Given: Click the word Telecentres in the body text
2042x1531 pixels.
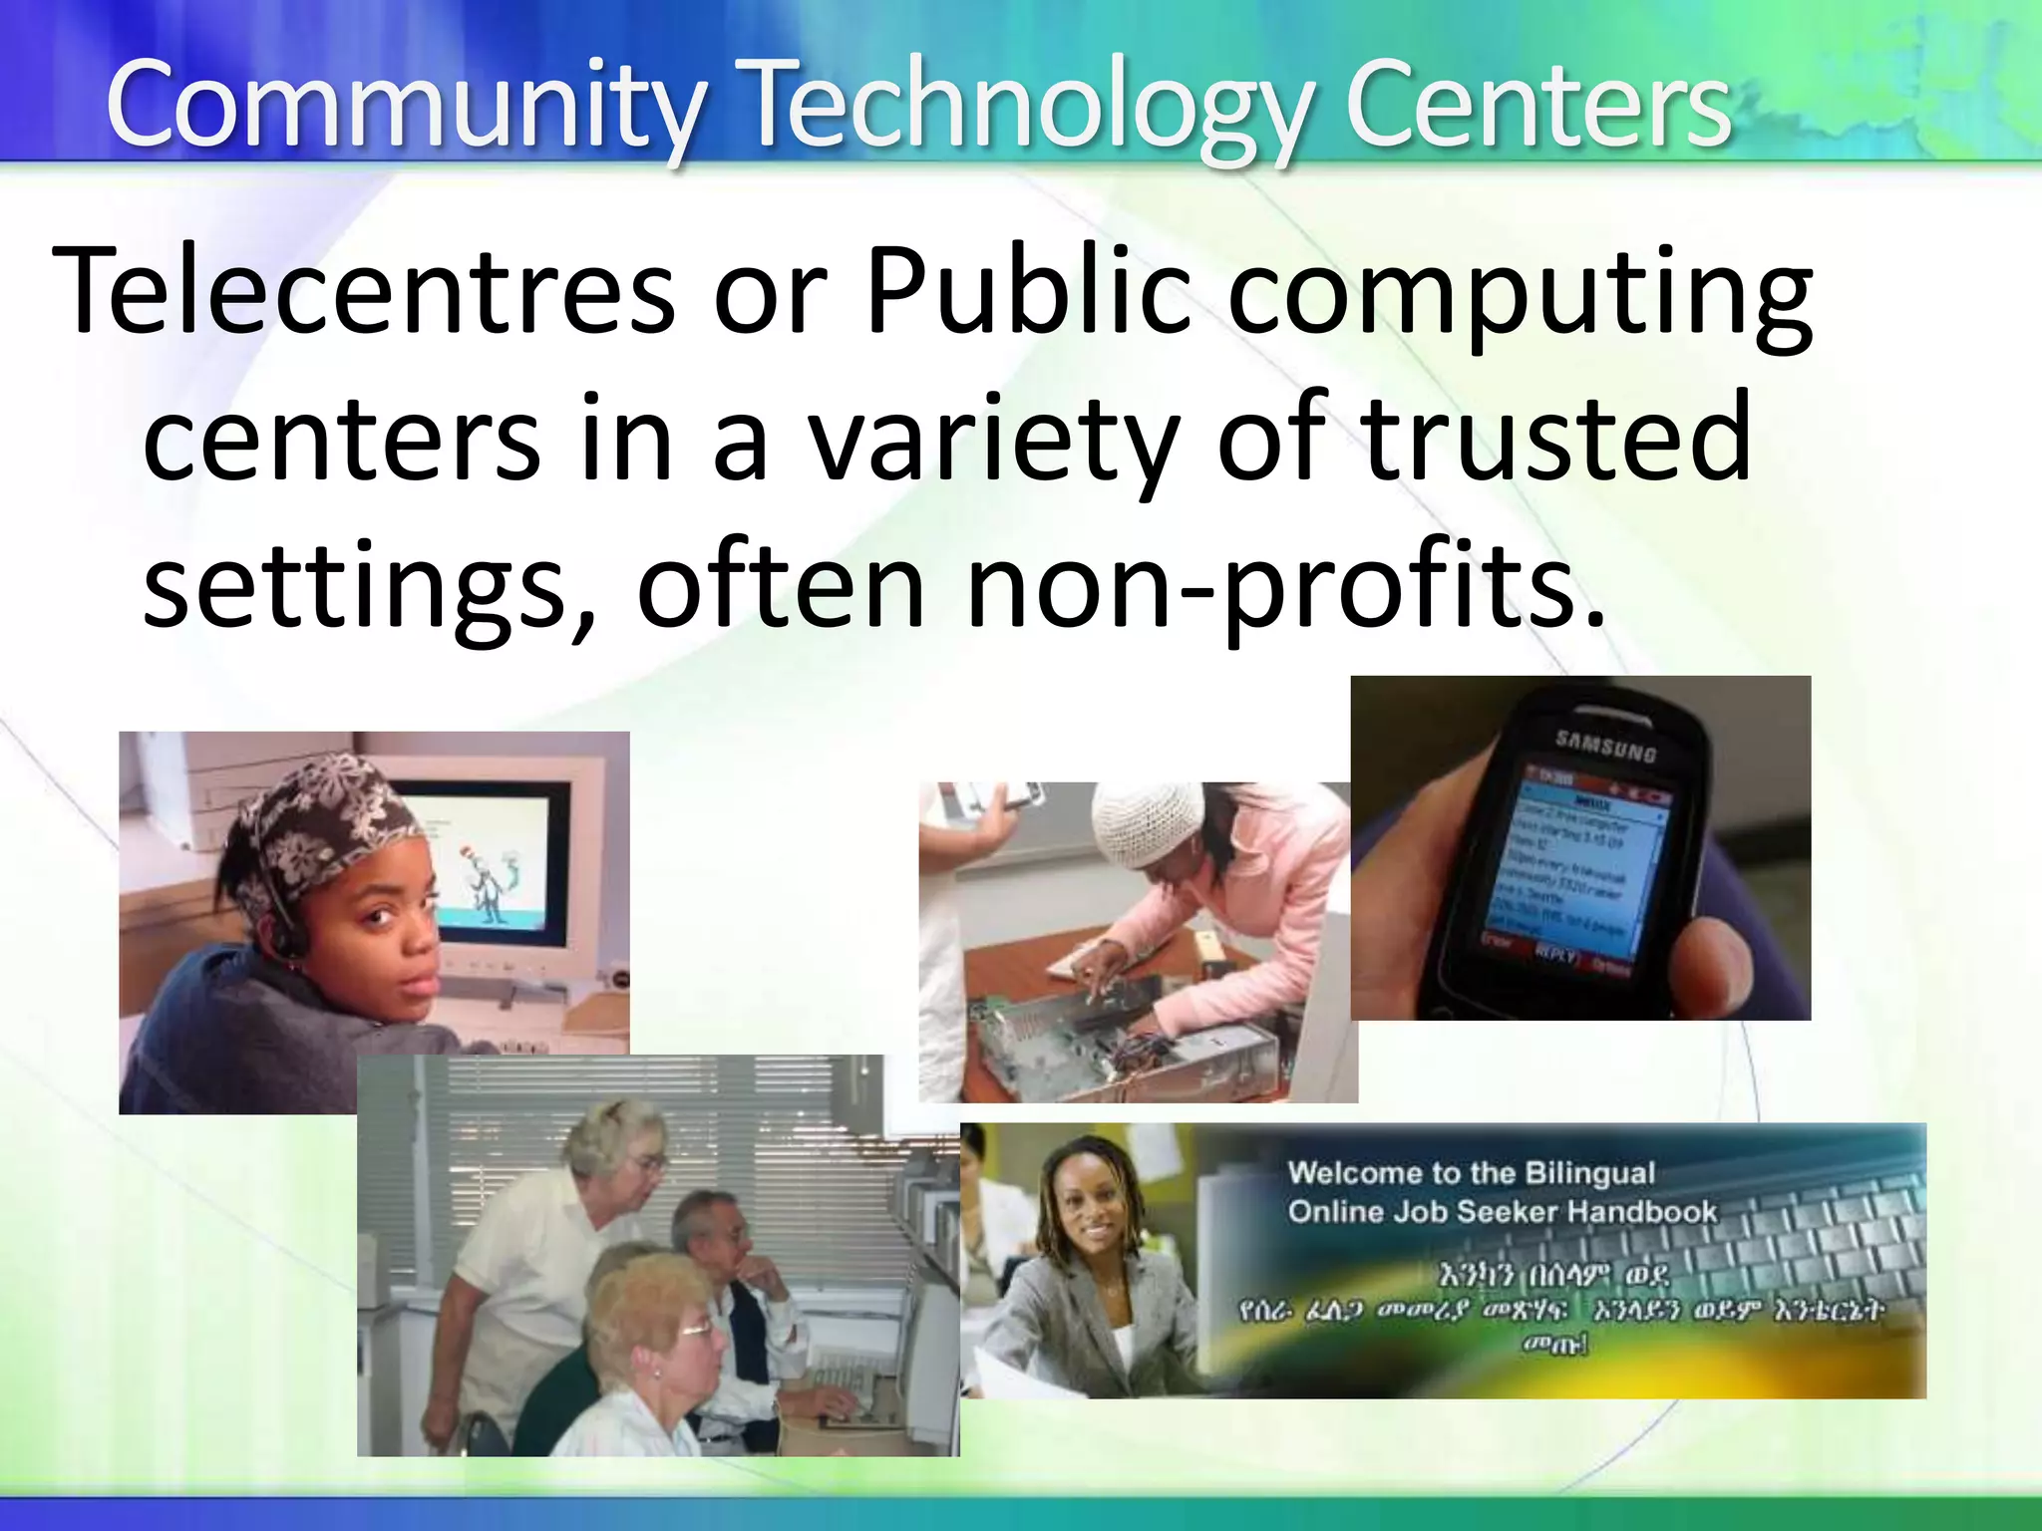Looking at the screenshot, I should point(364,291).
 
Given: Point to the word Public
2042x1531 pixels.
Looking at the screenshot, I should point(1028,291).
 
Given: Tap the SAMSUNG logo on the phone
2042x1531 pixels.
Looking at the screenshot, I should point(1605,746).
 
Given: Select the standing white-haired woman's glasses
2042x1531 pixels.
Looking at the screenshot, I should point(646,1162).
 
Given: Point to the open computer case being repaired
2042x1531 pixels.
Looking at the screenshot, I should point(1107,1037).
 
